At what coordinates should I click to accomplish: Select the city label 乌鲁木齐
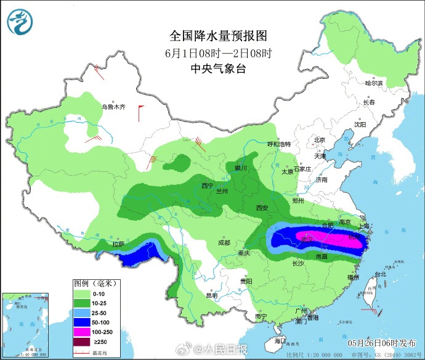click(113, 107)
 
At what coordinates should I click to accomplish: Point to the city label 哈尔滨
click(373, 83)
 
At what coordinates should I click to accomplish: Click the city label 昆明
click(212, 295)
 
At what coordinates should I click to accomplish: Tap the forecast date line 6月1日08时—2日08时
click(218, 52)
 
